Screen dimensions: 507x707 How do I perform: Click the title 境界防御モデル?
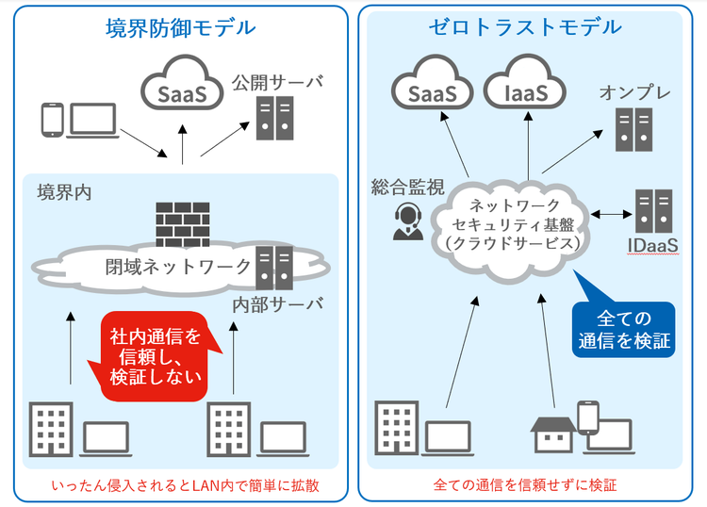coord(180,27)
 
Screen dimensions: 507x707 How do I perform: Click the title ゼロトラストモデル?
coord(525,27)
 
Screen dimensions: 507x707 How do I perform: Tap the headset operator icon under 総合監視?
coord(406,222)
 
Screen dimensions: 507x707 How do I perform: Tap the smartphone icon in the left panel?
coord(51,120)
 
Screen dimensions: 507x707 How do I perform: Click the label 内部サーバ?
coord(278,303)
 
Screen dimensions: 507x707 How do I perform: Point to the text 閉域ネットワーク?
coord(178,266)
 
